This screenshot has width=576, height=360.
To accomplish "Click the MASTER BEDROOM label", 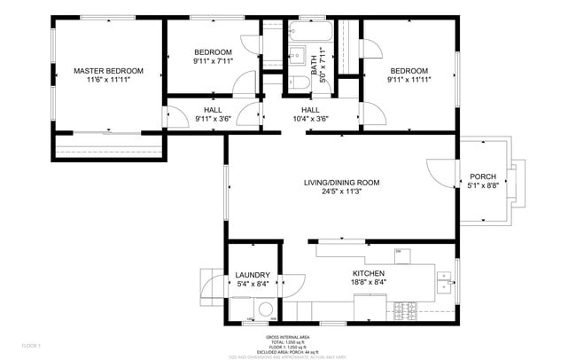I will point(108,71).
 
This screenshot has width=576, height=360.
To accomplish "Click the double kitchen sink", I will point(444,282).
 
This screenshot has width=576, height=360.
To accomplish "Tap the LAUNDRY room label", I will point(252,275).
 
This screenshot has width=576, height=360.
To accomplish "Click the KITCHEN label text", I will point(370,273).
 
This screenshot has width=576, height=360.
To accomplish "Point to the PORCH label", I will point(483,176).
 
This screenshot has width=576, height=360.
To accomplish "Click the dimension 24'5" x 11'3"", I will point(341,192).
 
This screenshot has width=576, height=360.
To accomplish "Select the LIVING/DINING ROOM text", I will point(341,183).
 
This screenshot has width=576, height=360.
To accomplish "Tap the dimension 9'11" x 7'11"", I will point(213,62).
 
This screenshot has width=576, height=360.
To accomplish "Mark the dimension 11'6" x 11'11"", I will point(108,81).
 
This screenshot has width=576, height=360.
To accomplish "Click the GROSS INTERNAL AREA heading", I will point(287,337).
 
